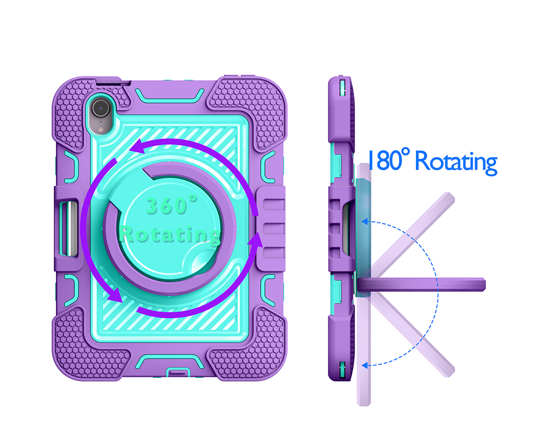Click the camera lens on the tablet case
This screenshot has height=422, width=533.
click(100, 108)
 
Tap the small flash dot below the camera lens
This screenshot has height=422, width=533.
click(100, 129)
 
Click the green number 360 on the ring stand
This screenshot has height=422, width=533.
click(171, 205)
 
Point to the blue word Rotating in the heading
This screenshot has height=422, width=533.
click(456, 163)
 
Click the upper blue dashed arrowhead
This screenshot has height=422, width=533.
click(365, 222)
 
